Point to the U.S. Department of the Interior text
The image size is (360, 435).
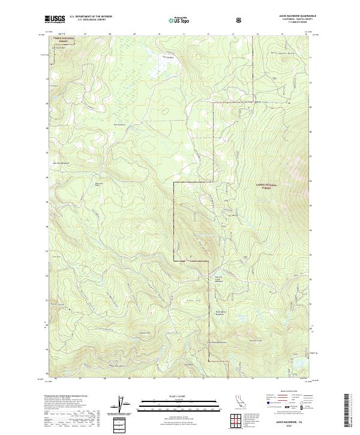(x=91, y=16)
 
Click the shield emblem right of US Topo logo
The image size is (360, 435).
(x=240, y=19)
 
